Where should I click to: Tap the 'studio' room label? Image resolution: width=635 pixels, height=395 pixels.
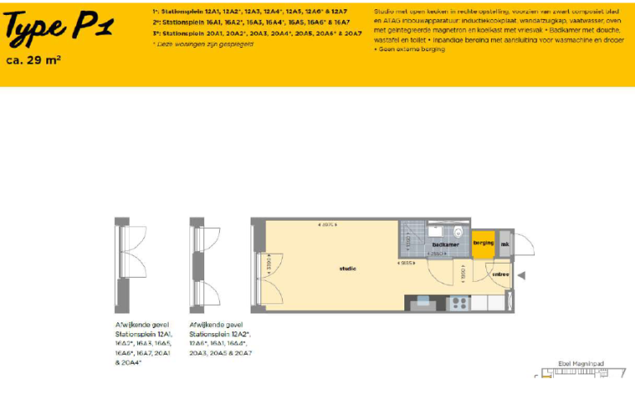pyautogui.click(x=347, y=269)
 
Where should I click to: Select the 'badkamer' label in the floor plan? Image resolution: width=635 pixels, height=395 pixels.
pyautogui.click(x=445, y=245)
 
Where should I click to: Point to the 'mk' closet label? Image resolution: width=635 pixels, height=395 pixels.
pyautogui.click(x=505, y=243)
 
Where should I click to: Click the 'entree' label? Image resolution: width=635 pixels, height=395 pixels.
pyautogui.click(x=500, y=274)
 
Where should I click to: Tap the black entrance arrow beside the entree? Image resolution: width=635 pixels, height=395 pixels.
pyautogui.click(x=522, y=274)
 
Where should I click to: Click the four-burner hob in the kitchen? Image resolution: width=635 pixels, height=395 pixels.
pyautogui.click(x=459, y=302)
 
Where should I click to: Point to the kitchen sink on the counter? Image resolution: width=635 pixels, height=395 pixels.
pyautogui.click(x=434, y=302)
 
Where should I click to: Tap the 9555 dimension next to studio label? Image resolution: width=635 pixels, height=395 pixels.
pyautogui.click(x=407, y=264)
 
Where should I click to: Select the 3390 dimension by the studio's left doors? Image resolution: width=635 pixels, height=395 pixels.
pyautogui.click(x=269, y=264)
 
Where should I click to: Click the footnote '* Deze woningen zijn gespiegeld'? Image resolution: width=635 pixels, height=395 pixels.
pyautogui.click(x=203, y=43)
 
